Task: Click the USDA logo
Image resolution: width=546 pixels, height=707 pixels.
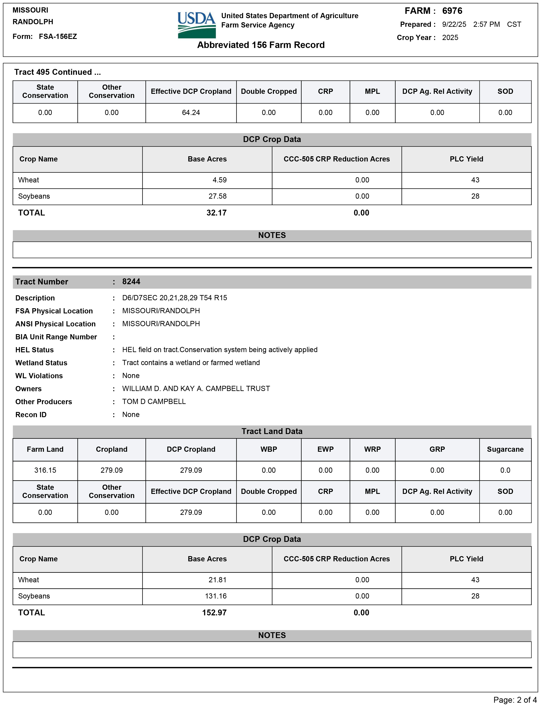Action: [196, 25]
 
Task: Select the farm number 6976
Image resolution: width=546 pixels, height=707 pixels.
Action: [452, 11]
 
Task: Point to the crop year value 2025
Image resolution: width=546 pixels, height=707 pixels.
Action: [450, 38]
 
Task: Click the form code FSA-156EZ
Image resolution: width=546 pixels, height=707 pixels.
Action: [58, 37]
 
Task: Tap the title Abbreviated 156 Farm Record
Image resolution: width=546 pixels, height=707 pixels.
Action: [261, 45]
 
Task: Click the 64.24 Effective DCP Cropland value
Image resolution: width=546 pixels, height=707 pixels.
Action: [191, 113]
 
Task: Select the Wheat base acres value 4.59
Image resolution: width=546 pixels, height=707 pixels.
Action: [220, 180]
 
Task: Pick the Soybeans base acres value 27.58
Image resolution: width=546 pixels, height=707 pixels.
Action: [218, 196]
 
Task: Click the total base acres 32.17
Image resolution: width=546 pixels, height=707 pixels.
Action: [216, 213]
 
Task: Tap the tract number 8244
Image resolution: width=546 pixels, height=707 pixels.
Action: [131, 282]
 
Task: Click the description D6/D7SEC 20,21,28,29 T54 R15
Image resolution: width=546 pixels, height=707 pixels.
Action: [174, 298]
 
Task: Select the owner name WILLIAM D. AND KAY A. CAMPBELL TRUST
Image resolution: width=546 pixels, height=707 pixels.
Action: [196, 388]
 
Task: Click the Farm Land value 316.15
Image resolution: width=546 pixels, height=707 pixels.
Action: [45, 470]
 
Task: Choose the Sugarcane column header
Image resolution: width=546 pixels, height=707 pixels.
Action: [505, 449]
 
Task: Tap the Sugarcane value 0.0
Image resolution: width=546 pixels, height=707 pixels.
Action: [505, 470]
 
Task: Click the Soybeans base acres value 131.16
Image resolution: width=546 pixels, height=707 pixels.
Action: [216, 596]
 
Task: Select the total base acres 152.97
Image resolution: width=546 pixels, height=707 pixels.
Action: [214, 613]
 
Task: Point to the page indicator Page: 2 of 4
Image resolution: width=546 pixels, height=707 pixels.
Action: [515, 700]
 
